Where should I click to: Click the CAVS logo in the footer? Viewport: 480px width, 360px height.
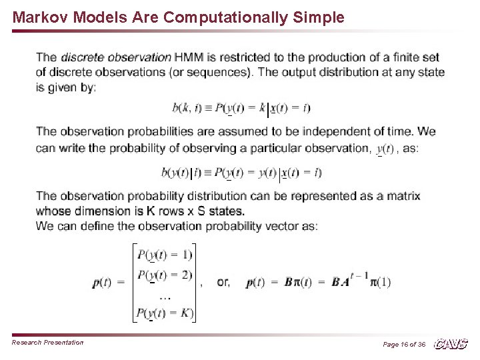(451, 343)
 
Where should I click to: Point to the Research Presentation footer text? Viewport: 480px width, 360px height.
(48, 343)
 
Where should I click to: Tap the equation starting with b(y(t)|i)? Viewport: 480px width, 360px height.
(241, 173)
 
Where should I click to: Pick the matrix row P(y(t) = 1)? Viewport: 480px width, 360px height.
(165, 254)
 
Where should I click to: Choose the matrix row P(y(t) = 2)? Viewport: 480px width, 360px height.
(165, 274)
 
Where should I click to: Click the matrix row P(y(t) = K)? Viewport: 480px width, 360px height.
(165, 312)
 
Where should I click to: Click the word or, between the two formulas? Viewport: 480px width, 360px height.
(224, 282)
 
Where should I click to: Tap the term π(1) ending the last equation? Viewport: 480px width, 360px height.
(381, 282)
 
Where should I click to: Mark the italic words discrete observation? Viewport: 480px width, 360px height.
(116, 57)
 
